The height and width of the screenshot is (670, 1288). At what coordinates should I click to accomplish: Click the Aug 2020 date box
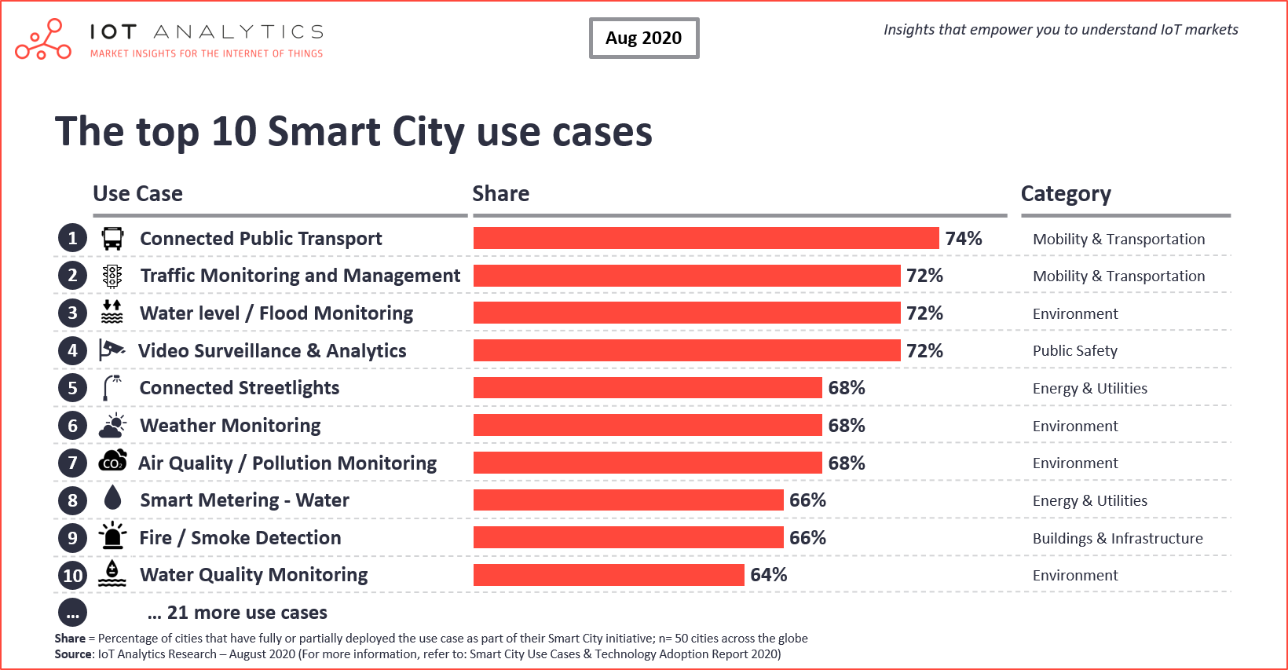click(x=643, y=38)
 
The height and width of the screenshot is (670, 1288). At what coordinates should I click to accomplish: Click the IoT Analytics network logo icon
click(x=43, y=41)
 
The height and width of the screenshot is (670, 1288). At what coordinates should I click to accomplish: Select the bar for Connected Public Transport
click(x=705, y=238)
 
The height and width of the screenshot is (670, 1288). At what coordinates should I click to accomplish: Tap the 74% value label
click(x=964, y=238)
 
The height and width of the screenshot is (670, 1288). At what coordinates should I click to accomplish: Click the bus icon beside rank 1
click(x=112, y=238)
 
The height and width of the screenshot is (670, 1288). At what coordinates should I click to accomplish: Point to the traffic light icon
click(x=112, y=276)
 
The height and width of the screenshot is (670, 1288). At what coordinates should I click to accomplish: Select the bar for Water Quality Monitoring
click(x=608, y=575)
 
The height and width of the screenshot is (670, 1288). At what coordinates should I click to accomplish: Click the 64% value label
click(x=768, y=575)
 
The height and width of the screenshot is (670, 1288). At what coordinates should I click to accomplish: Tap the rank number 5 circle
click(x=72, y=387)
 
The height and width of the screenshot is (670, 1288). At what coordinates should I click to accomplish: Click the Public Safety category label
click(x=1074, y=351)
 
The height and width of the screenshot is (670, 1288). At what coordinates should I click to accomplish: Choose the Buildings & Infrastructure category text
click(x=1117, y=538)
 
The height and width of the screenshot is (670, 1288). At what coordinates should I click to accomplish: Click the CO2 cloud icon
click(x=112, y=462)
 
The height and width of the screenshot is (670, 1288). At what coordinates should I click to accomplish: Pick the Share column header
click(x=500, y=194)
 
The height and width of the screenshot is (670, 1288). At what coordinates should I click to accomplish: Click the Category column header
click(x=1065, y=194)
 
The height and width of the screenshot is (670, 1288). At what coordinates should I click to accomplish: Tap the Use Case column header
click(x=137, y=194)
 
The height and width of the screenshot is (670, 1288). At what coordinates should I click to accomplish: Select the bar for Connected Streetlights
click(x=647, y=387)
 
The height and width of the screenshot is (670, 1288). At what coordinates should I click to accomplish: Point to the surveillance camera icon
click(x=112, y=350)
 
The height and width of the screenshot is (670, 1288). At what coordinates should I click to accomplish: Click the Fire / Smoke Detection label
click(x=240, y=538)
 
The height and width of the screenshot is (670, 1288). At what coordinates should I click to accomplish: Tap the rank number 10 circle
click(x=72, y=576)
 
